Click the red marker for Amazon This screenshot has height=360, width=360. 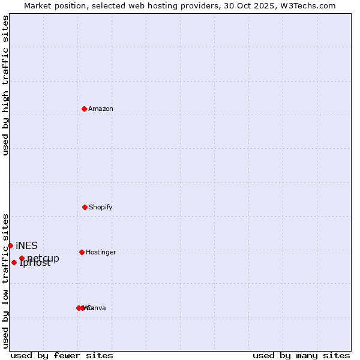(x=84, y=109)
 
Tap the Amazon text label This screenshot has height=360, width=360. (x=101, y=109)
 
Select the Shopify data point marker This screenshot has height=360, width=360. (x=85, y=207)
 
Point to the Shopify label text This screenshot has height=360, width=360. (x=101, y=208)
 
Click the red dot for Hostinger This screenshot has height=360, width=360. (x=82, y=252)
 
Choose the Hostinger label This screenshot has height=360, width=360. (x=101, y=253)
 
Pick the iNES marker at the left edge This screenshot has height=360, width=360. (x=10, y=245)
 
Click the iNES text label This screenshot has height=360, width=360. (x=26, y=246)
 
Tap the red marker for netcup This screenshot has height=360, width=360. (x=22, y=259)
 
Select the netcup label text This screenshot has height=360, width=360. (x=43, y=259)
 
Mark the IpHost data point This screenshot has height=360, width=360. (x=14, y=262)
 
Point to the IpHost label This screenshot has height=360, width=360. (x=35, y=263)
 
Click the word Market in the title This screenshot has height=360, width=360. (x=38, y=6)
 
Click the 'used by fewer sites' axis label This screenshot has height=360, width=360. (x=62, y=355)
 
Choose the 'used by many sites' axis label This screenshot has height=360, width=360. (x=301, y=355)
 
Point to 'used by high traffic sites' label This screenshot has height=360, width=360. (x=5, y=85)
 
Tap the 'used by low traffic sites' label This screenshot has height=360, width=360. (x=5, y=280)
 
